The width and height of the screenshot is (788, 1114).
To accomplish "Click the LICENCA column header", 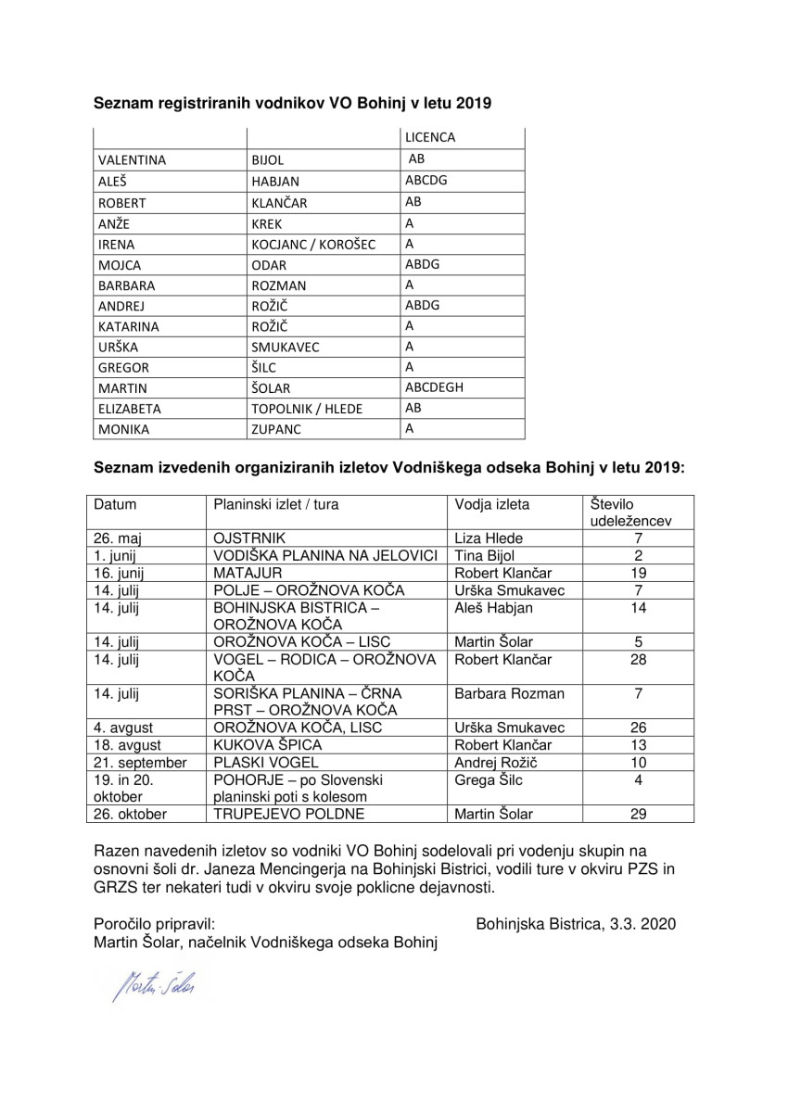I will point(429,137).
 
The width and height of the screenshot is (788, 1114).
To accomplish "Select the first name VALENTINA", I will point(133,159).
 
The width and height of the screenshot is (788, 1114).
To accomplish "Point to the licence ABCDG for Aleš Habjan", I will point(426,181).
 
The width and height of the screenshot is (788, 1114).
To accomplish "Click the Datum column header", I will point(115,505).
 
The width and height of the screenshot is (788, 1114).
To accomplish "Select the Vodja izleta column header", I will point(491,505).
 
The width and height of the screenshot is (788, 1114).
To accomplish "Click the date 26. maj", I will point(116,538).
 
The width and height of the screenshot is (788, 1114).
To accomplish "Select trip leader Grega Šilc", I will point(489,780).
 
